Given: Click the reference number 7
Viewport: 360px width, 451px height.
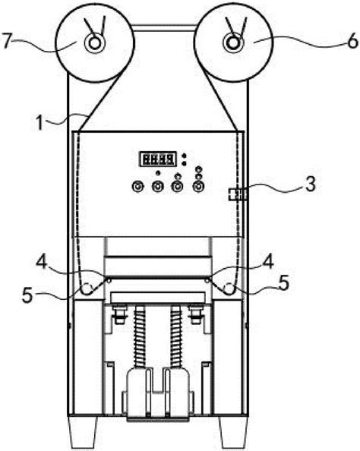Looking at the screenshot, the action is [x=8, y=41].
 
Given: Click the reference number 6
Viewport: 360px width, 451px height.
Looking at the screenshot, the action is [x=352, y=42].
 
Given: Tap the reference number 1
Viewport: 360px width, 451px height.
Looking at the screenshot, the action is [x=40, y=122].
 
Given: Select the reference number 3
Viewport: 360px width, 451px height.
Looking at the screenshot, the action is [x=311, y=184].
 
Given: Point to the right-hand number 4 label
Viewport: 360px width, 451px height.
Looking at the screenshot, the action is [x=268, y=261].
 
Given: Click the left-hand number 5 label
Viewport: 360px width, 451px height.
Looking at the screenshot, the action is [x=27, y=295].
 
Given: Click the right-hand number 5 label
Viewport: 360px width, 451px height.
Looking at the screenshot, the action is [x=283, y=282].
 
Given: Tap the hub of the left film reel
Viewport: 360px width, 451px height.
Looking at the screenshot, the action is [x=94, y=43].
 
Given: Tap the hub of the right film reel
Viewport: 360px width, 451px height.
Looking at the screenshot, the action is [x=233, y=43].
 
